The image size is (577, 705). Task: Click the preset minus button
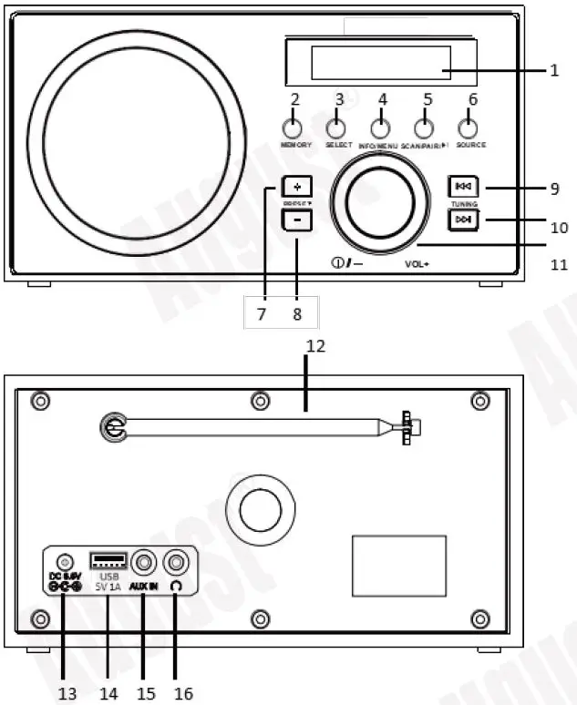click(x=296, y=220)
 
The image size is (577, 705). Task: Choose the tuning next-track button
click(x=462, y=220)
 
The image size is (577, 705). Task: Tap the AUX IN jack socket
click(x=144, y=563)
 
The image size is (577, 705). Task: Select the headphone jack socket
click(x=175, y=563)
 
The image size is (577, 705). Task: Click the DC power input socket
click(x=64, y=563)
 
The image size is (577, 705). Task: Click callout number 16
click(x=183, y=693)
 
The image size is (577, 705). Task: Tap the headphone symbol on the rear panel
click(x=175, y=587)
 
